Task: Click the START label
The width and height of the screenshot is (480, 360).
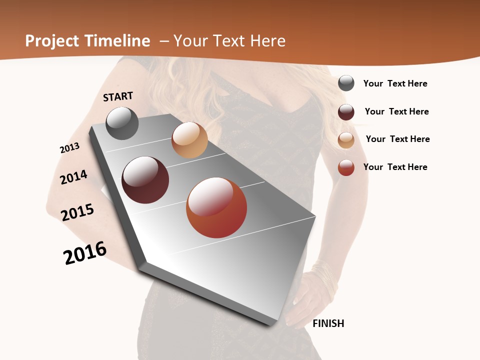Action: pos(118,96)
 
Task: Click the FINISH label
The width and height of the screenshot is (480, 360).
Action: pos(328,323)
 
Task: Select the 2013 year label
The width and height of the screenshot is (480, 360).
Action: pos(69,148)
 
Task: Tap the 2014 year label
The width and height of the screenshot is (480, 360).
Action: pos(74,177)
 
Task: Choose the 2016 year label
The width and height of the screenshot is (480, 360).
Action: pos(85,252)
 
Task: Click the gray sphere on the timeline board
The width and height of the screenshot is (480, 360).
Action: pos(122,123)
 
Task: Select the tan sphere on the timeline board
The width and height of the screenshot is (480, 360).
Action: pos(189,140)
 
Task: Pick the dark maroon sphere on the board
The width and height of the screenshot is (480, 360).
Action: pos(145,180)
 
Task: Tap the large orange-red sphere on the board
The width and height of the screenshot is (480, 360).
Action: pos(216,207)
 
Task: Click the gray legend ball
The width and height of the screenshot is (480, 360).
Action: pos(346,83)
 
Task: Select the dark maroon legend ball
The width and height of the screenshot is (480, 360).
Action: pos(346,112)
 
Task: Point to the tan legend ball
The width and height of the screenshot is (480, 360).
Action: pos(346,140)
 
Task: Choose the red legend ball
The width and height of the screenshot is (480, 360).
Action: pos(346,167)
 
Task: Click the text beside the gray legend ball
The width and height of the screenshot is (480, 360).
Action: pos(395,83)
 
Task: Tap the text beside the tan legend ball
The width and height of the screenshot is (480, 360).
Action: pos(397,139)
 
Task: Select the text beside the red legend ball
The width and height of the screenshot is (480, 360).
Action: pos(395,167)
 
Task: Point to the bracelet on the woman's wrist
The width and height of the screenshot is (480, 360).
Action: pos(324,277)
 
